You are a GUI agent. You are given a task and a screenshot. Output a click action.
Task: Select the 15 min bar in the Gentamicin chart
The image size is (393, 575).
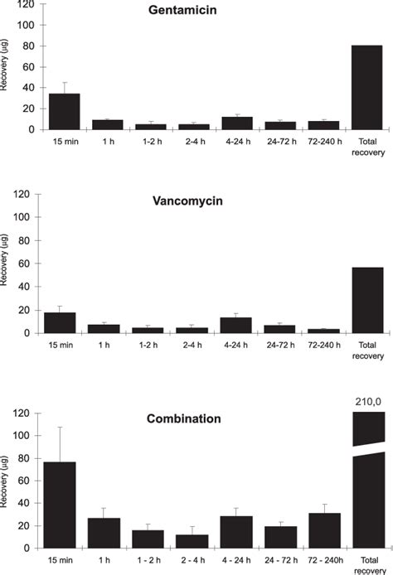coord(64,112)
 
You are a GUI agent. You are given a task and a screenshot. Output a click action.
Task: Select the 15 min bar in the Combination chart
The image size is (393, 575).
coord(59,505)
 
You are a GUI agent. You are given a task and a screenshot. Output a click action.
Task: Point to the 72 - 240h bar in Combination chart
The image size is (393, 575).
coord(324,530)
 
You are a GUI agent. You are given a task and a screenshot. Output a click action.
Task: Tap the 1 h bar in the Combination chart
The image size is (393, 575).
coord(104,533)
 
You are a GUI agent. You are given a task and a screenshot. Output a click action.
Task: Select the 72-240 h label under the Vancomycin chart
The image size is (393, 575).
coord(324,342)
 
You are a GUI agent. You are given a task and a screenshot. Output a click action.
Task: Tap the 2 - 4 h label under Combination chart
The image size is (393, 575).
coord(192,558)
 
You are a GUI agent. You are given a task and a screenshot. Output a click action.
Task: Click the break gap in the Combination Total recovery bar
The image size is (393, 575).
coord(367,450)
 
